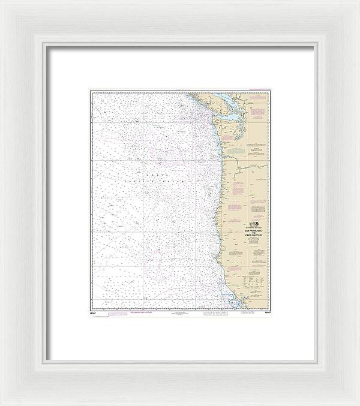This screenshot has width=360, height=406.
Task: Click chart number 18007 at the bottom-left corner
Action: click(94, 313)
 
